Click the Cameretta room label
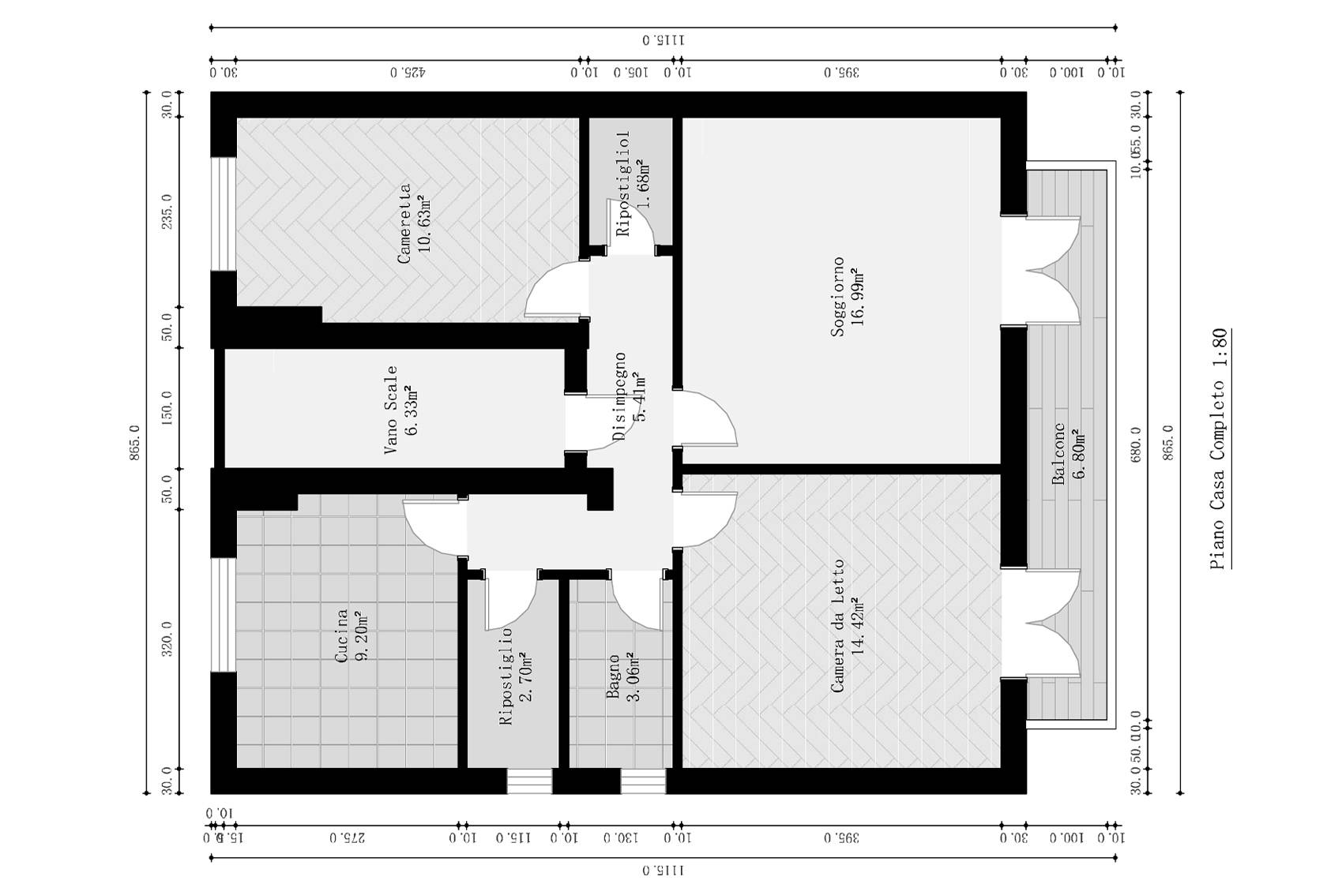click(x=404, y=223)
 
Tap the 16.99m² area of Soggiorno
click(x=859, y=296)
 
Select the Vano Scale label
click(x=390, y=410)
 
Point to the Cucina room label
click(x=341, y=635)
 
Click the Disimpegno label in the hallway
click(x=620, y=396)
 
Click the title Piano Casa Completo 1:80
click(x=1220, y=448)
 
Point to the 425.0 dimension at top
click(x=408, y=73)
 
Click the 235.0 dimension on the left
click(x=167, y=212)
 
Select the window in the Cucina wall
click(x=223, y=614)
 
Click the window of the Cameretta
click(x=223, y=214)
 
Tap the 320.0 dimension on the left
click(x=167, y=639)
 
